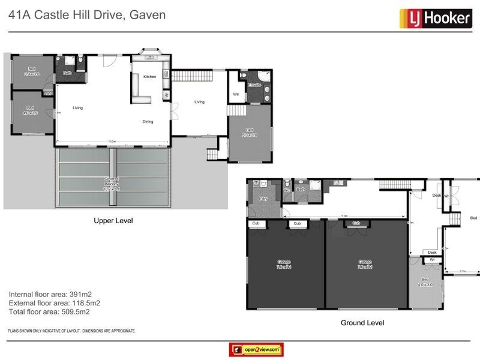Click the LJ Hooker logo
(x=435, y=18)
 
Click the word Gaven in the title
(x=147, y=15)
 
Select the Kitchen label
(x=149, y=77)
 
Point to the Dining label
(x=148, y=122)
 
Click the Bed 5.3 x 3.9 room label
(x=250, y=133)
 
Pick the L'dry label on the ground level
(x=262, y=198)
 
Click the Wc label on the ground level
(x=287, y=191)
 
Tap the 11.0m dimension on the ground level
(x=343, y=215)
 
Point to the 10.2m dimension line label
(x=112, y=142)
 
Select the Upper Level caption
(x=113, y=221)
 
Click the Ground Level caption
(x=362, y=323)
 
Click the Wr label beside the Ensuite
(x=235, y=94)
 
